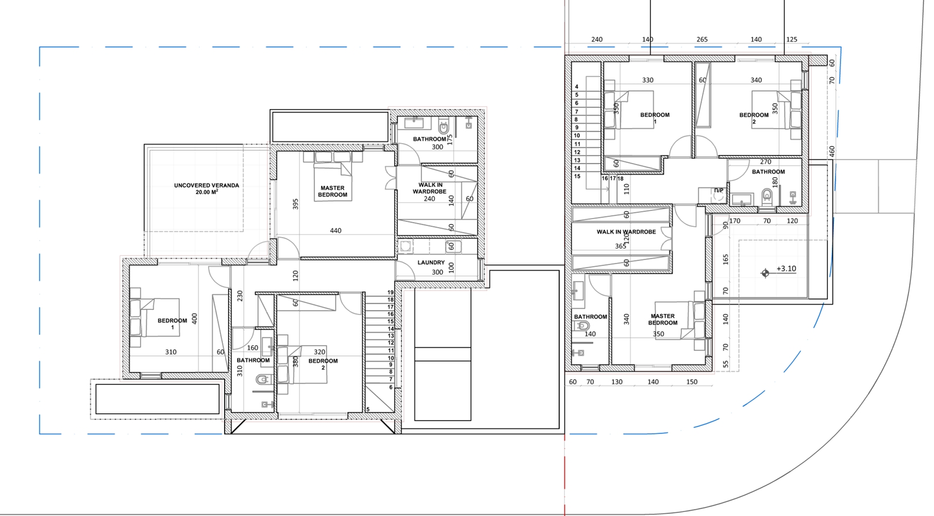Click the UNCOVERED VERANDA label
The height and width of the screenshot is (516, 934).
pos(206,186)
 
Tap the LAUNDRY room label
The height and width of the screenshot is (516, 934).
pos(431,263)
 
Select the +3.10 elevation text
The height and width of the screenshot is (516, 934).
pos(786,269)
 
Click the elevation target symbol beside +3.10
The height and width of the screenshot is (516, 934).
pos(765,274)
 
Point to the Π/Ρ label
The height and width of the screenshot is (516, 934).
pos(719,190)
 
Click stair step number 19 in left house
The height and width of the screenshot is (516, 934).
pos(391,293)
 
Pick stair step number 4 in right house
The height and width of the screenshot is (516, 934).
pos(577,87)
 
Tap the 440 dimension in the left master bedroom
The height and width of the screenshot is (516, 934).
pos(336,230)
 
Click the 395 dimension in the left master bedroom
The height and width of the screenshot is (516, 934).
pos(295,204)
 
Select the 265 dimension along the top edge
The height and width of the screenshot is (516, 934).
pos(702,40)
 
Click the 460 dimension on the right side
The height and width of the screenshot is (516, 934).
pos(832,151)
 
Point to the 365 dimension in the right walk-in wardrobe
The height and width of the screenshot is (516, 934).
pos(620,246)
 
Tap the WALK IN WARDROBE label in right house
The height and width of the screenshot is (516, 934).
pos(626,232)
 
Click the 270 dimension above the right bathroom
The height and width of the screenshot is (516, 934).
pos(766,162)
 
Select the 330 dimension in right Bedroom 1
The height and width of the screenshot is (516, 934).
pos(648,80)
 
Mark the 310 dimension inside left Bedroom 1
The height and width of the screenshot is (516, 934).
pos(171,352)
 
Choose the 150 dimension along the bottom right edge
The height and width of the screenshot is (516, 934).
pos(692,381)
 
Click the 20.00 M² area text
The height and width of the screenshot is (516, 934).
pos(207,192)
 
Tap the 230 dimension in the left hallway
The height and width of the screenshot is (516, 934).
pos(240,296)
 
